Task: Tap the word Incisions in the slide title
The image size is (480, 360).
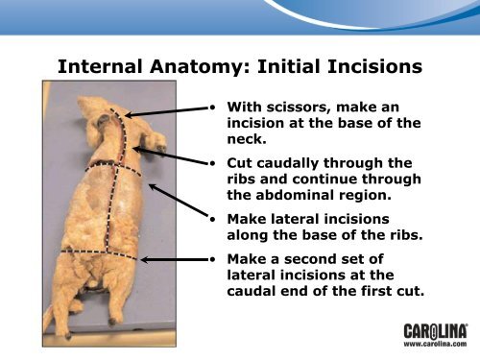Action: pos(375,66)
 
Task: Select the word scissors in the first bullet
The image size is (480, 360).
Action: pos(299,108)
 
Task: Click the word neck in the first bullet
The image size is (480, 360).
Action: pos(245,139)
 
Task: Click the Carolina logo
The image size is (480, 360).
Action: pos(436,331)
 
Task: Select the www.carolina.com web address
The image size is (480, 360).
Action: pos(435,344)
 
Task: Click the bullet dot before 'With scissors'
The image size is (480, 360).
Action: pos(213,108)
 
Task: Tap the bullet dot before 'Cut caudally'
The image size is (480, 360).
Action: pos(213,163)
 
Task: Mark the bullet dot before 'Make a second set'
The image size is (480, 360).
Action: pos(213,259)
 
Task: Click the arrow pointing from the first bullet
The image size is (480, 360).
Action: pos(166,111)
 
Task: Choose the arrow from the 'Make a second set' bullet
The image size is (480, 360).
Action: pos(175,259)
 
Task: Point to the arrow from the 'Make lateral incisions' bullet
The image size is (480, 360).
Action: pos(179,201)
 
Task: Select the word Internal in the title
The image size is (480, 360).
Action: pos(100,66)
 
